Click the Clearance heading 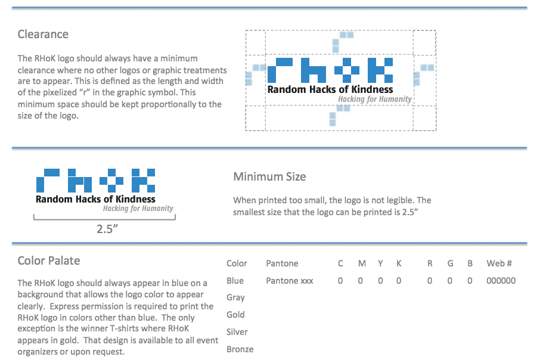(x=43, y=34)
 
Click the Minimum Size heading (x=269, y=176)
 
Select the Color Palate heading (x=49, y=260)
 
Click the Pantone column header (x=282, y=263)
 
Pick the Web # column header (x=499, y=263)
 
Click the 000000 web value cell (x=501, y=281)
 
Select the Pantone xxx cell (x=290, y=281)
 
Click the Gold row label (x=235, y=315)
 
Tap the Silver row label (x=237, y=332)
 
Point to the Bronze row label (x=240, y=349)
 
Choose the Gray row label (x=235, y=297)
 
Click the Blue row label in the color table (x=235, y=281)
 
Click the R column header (x=430, y=263)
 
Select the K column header (x=399, y=263)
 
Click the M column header (x=361, y=263)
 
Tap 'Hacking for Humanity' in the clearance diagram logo (x=375, y=99)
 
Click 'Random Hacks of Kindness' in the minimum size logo (x=95, y=199)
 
